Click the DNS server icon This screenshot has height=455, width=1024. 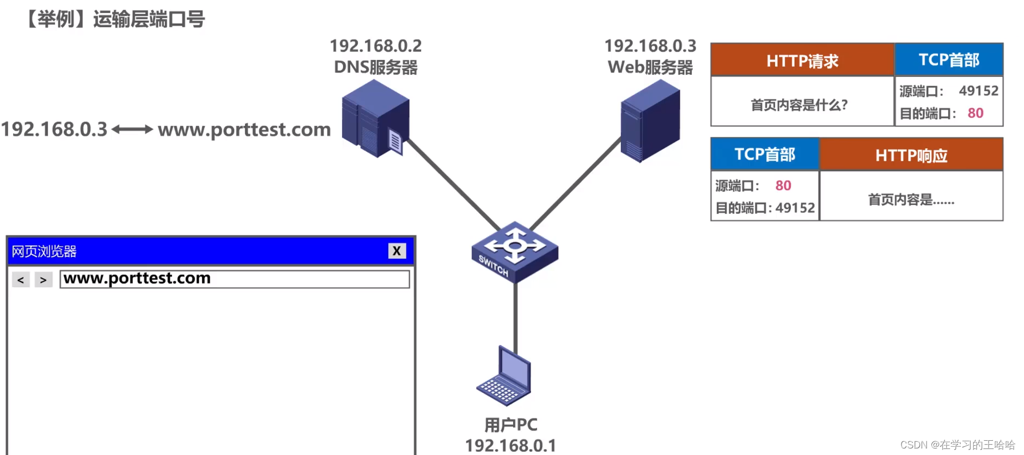(x=375, y=118)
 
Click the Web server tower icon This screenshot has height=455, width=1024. (x=650, y=120)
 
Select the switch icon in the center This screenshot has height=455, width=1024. (x=515, y=251)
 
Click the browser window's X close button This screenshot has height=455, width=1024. (x=397, y=251)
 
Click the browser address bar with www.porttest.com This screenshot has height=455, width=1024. (x=234, y=279)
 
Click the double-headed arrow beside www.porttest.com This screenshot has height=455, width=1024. (x=132, y=129)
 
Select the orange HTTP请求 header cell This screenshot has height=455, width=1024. (x=802, y=60)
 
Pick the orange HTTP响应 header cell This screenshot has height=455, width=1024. (x=911, y=155)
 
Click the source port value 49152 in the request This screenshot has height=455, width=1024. (x=978, y=90)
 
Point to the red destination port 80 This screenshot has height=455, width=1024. (x=975, y=113)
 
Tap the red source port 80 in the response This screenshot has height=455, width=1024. (x=783, y=185)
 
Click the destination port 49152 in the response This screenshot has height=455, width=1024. (x=795, y=208)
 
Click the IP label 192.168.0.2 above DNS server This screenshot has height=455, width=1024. (x=375, y=46)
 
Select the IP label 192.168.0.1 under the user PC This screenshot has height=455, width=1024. (x=510, y=445)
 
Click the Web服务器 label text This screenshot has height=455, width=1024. (x=650, y=67)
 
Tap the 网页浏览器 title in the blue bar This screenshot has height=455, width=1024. (x=44, y=251)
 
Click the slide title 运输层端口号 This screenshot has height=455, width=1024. (x=149, y=19)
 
